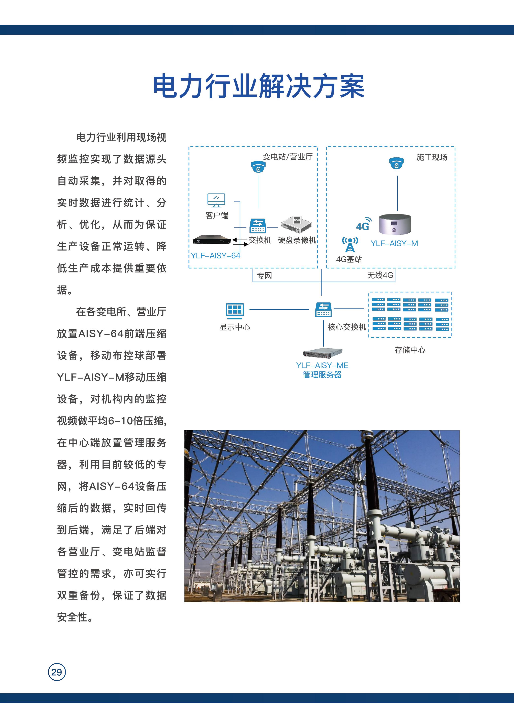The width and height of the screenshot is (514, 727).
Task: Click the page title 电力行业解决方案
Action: pos(259,86)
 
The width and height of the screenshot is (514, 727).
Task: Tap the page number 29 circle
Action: pos(57,672)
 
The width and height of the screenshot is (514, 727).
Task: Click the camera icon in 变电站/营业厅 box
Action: pos(258,167)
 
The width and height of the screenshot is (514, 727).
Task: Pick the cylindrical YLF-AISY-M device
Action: pos(395,224)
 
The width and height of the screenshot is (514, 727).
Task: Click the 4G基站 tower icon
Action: pos(350,244)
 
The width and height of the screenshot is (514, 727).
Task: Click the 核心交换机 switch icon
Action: pos(323,309)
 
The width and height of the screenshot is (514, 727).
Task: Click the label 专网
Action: pos(264,276)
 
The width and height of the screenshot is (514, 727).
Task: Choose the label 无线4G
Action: pos(380,275)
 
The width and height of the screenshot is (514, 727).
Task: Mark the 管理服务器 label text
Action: pos(322,375)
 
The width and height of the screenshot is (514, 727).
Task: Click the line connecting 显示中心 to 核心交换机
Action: pos(279,309)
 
